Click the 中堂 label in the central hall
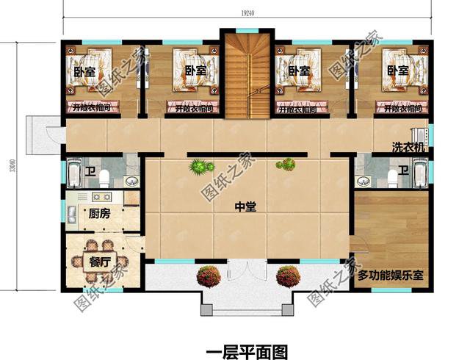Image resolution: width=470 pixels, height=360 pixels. [x=245, y=207]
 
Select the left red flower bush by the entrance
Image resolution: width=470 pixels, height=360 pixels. [x=209, y=277]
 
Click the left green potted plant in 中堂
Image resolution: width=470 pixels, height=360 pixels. [x=197, y=168]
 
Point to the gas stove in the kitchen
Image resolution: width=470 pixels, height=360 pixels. [x=101, y=198]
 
